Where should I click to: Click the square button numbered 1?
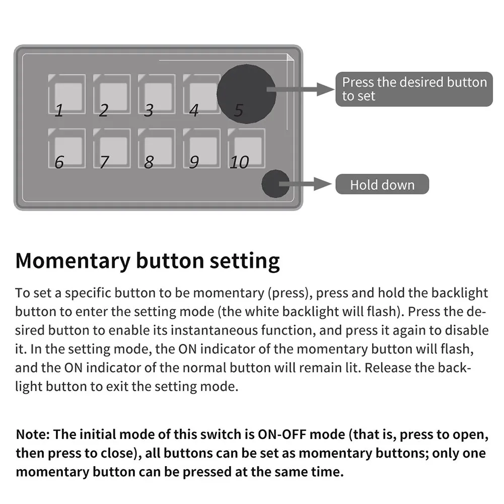[67, 94]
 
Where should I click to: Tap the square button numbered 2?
[112, 94]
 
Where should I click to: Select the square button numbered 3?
[157, 94]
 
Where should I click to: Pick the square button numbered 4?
[201, 94]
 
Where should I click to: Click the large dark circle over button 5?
[246, 94]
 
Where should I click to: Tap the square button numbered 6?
[67, 149]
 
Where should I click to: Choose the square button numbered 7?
[112, 149]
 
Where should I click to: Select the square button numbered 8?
[157, 149]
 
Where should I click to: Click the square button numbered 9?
[202, 149]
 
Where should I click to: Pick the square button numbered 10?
[247, 149]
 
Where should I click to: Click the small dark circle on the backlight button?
[275, 184]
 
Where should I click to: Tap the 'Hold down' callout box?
[382, 184]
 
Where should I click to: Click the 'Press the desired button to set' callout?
[414, 89]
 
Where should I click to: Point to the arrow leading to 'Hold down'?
[305, 184]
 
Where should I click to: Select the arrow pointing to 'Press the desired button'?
[301, 89]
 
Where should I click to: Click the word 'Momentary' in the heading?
[73, 261]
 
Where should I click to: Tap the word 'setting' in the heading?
[245, 261]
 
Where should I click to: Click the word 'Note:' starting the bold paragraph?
[33, 435]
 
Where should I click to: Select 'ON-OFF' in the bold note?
[281, 435]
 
